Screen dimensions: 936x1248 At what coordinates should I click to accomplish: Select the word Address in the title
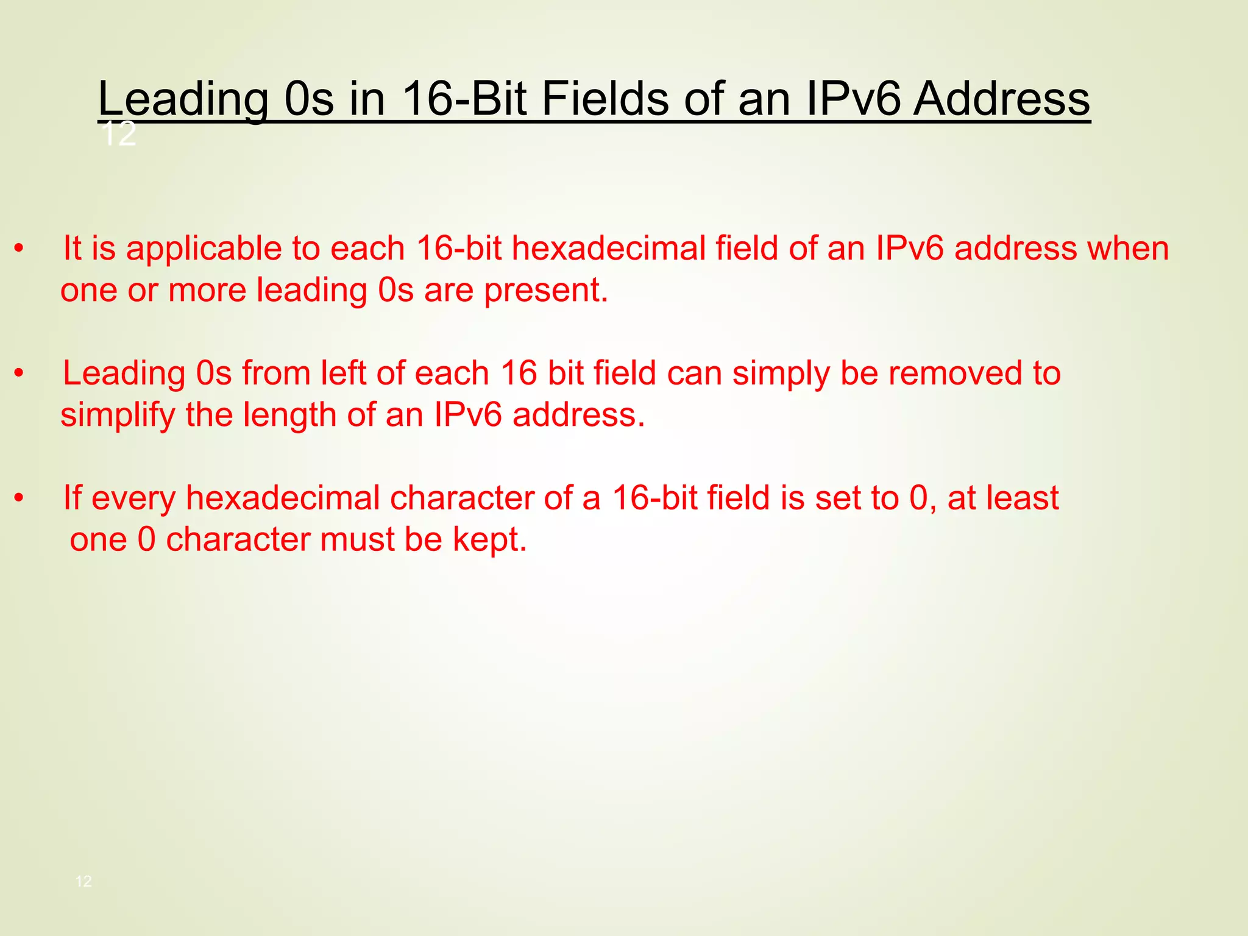pos(1001,99)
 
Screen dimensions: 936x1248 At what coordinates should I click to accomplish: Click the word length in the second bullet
pos(289,416)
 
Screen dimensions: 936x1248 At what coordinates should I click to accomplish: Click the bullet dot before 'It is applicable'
pos(19,249)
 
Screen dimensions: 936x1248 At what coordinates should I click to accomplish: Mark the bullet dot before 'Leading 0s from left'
pos(19,374)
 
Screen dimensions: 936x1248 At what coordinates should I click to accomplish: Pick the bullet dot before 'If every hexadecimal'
pos(19,498)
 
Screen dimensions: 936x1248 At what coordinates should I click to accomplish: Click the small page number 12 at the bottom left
pos(83,881)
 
